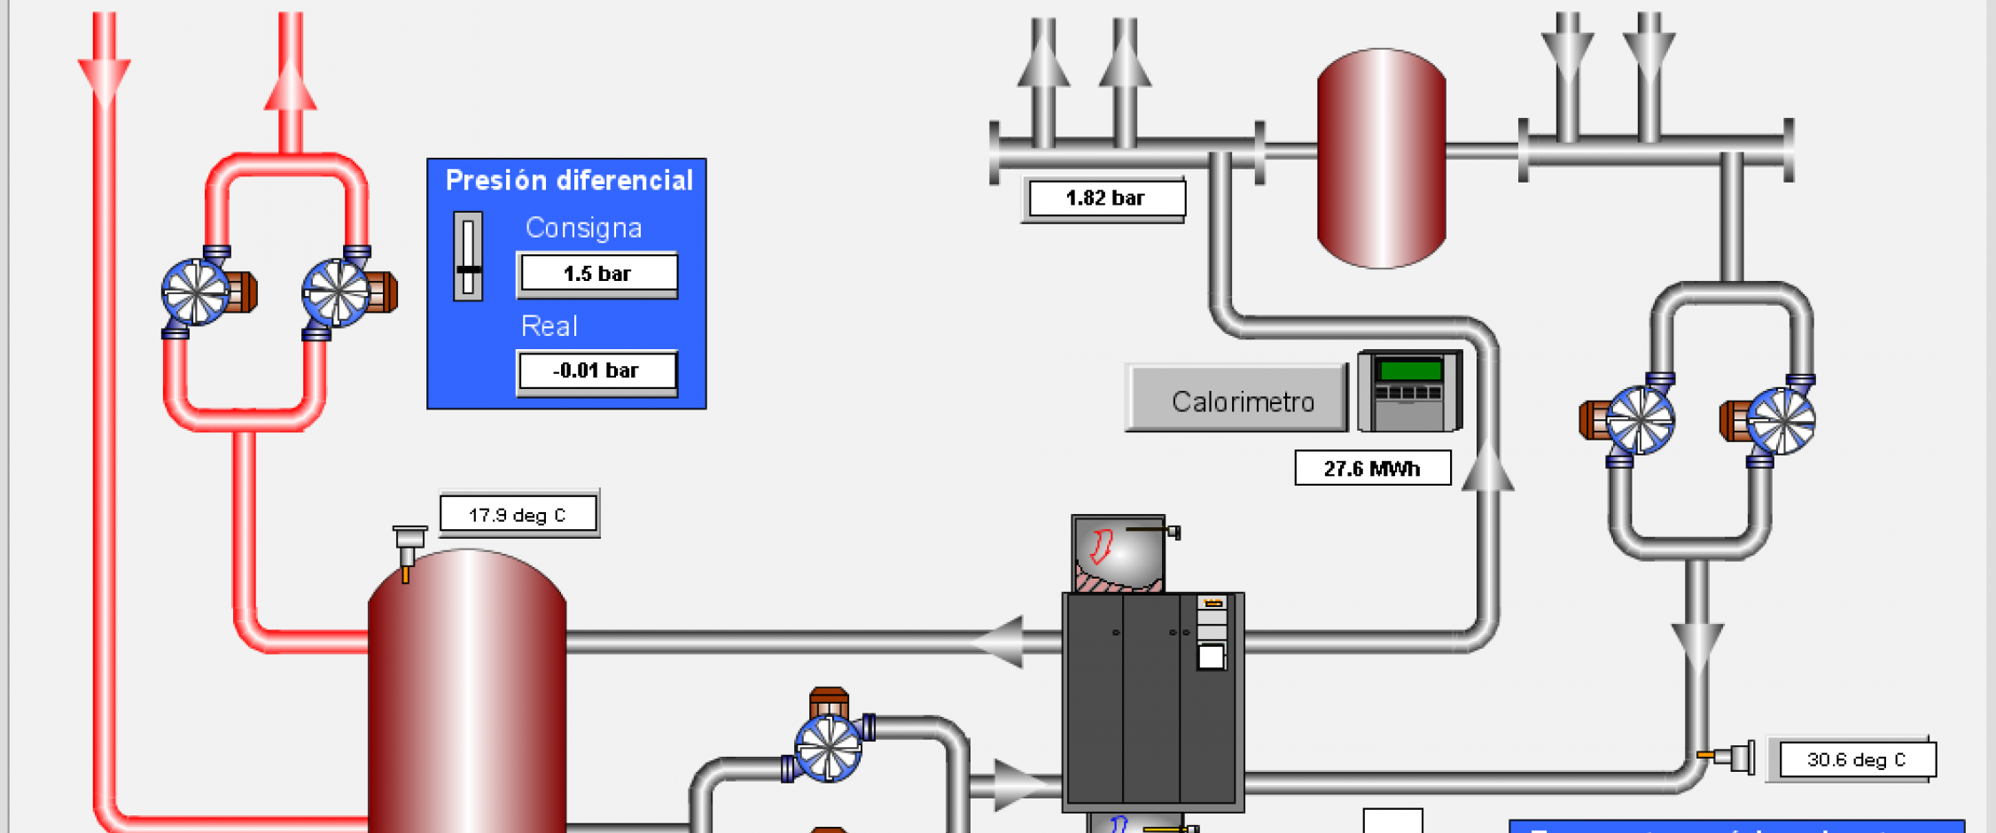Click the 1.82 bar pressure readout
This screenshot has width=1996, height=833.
point(1104,199)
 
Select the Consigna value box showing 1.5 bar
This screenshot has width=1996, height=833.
point(597,274)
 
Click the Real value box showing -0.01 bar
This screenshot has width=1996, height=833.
point(596,371)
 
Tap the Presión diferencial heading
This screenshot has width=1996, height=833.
point(569,181)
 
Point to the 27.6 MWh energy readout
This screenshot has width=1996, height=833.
point(1372,469)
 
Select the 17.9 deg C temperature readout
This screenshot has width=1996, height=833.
point(518,515)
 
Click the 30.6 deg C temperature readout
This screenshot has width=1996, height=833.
point(1856,760)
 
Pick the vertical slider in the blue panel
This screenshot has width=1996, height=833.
point(468,257)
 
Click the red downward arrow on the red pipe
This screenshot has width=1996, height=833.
point(105,80)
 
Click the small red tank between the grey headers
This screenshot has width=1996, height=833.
point(1381,158)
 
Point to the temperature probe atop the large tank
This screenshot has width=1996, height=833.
point(408,549)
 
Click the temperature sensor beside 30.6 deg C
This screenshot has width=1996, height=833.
point(1728,757)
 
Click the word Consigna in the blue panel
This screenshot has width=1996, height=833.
point(583,229)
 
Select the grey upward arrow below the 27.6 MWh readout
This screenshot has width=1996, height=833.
point(1487,468)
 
